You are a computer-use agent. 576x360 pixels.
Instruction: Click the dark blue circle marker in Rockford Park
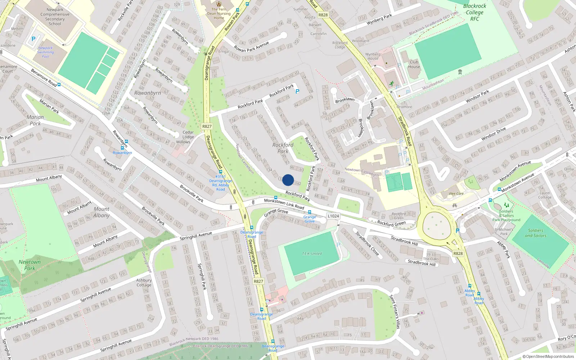288,180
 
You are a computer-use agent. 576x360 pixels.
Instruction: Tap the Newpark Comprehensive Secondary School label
55,17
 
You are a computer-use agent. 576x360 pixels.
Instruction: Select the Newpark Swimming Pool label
45,52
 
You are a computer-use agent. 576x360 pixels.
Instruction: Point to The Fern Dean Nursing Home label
219,14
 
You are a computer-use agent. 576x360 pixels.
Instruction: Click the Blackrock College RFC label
474,12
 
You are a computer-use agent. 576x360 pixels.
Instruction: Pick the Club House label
414,64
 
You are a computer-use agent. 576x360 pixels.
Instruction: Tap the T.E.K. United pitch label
312,254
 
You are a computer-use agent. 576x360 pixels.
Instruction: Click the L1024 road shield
333,216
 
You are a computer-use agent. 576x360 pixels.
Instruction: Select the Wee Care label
456,194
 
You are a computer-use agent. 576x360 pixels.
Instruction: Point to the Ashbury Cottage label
144,283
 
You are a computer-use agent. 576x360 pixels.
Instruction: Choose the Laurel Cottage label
545,195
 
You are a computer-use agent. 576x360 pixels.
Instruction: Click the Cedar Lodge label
188,135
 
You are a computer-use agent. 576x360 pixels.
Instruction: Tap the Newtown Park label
30,265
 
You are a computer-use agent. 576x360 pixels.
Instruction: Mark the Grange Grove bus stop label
310,219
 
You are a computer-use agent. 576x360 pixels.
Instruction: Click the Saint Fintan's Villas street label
395,312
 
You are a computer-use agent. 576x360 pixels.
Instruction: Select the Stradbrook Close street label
367,244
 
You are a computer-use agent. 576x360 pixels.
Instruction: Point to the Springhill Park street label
202,276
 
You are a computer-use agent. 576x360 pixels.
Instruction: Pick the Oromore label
404,107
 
